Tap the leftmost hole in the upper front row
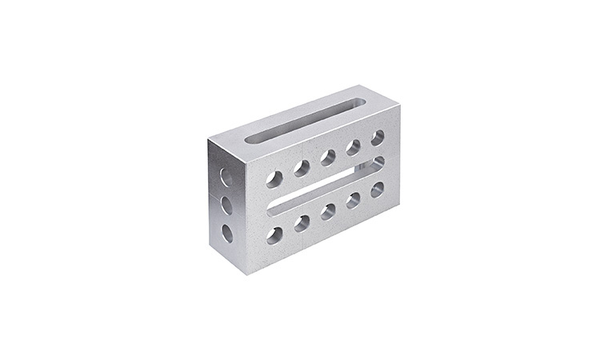pyautogui.click(x=274, y=178)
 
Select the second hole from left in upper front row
pyautogui.click(x=302, y=167)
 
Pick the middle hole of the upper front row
pyautogui.click(x=328, y=157)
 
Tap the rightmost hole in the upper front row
pyautogui.click(x=377, y=138)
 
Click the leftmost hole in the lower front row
pyautogui.click(x=274, y=235)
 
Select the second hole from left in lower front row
pyautogui.click(x=302, y=223)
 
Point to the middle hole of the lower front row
pyautogui.click(x=328, y=211)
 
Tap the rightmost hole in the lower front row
pyautogui.click(x=377, y=190)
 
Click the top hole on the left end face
pyautogui.click(x=226, y=178)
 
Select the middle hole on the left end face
pyautogui.click(x=226, y=206)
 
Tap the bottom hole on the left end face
pyautogui.click(x=227, y=234)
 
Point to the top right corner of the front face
pyautogui.click(x=399, y=106)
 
